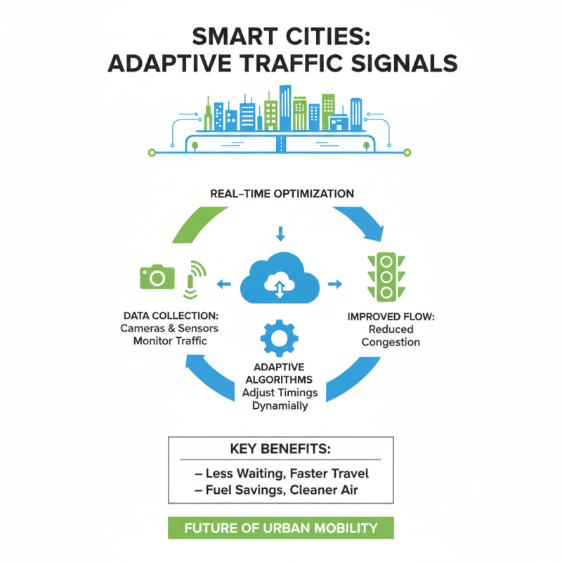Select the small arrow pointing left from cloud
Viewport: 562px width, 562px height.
click(x=224, y=284)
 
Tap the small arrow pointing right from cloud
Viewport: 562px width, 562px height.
click(x=334, y=284)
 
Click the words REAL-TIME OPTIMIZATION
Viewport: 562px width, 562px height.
click(x=282, y=193)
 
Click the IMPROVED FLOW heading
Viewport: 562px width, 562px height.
click(x=391, y=317)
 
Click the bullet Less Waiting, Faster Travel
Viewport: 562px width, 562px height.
click(x=280, y=473)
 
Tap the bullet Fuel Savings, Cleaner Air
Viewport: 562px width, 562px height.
click(x=280, y=490)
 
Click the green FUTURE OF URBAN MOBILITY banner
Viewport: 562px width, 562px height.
click(x=280, y=528)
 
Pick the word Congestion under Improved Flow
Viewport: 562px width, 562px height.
click(x=391, y=342)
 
